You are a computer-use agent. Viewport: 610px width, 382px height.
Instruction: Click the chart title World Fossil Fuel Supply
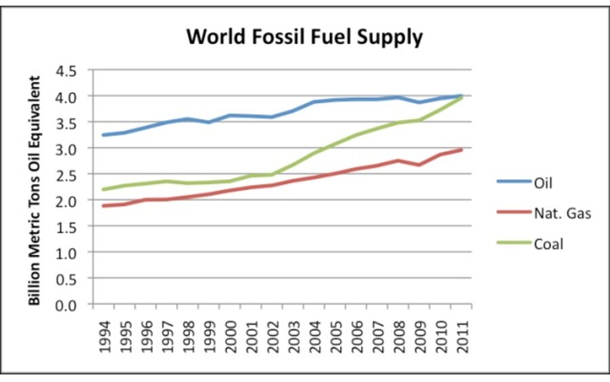pyautogui.click(x=304, y=37)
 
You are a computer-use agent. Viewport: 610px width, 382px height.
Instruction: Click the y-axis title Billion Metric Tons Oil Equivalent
pyautogui.click(x=35, y=190)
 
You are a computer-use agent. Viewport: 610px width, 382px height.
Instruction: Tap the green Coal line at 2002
pyautogui.click(x=272, y=174)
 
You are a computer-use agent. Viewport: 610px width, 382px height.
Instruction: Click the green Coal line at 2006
pyautogui.click(x=356, y=134)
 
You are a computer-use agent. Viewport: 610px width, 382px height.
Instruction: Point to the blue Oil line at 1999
pyautogui.click(x=209, y=122)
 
